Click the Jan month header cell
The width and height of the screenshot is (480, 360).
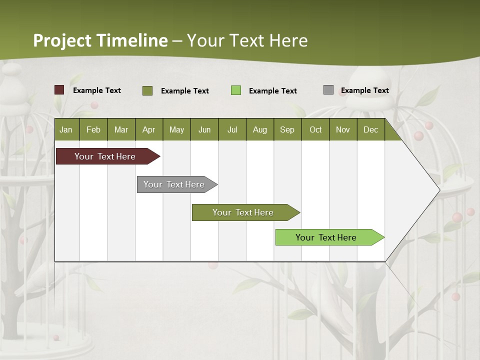coord(66,129)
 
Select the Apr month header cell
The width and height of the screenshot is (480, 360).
coord(149,129)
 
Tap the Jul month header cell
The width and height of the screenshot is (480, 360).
coord(232,129)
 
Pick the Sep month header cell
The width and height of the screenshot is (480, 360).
coord(287,129)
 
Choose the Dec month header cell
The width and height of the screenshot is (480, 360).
coord(370,129)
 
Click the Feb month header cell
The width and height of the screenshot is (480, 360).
coord(93,129)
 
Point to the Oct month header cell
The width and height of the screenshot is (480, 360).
coord(315,129)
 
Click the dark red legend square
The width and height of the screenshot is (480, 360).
coord(59,90)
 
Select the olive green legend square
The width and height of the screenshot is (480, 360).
coord(147,90)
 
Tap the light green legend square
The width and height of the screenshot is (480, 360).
coord(236,90)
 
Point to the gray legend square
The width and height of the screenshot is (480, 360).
coord(328,90)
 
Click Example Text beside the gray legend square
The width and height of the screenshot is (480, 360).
coord(364,90)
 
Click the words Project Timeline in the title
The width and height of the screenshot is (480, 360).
coord(100,40)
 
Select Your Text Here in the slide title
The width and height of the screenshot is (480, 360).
coord(247,40)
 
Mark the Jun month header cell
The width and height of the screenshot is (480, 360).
coord(204,129)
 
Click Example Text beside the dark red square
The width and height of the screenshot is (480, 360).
coord(97,90)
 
